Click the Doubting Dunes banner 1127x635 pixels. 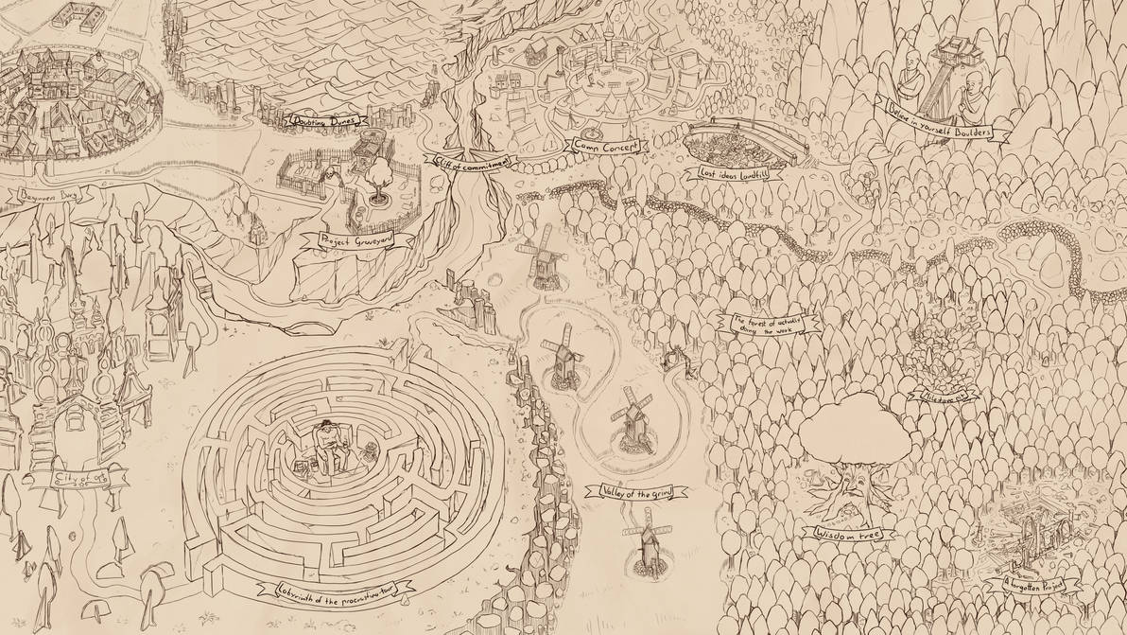[327, 121]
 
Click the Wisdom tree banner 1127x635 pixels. [847, 535]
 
